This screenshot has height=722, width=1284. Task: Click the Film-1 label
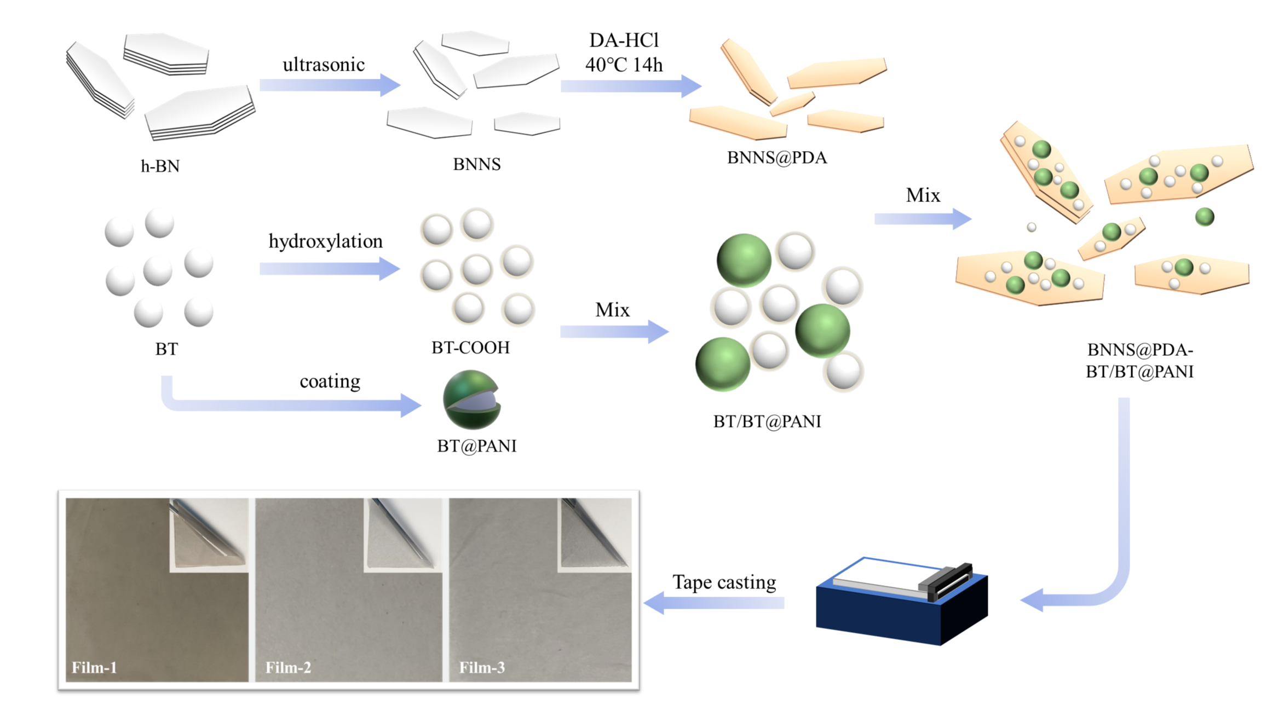pyautogui.click(x=94, y=668)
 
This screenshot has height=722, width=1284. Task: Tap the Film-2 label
pyautogui.click(x=288, y=668)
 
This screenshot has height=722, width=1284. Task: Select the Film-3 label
pyautogui.click(x=482, y=668)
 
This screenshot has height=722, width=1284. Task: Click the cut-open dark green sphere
pyautogui.click(x=471, y=400)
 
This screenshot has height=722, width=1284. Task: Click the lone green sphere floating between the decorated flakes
pyautogui.click(x=1205, y=217)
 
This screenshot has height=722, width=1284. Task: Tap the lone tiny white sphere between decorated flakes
pyautogui.click(x=1031, y=227)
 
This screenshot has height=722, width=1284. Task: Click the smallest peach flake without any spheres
pyautogui.click(x=792, y=104)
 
